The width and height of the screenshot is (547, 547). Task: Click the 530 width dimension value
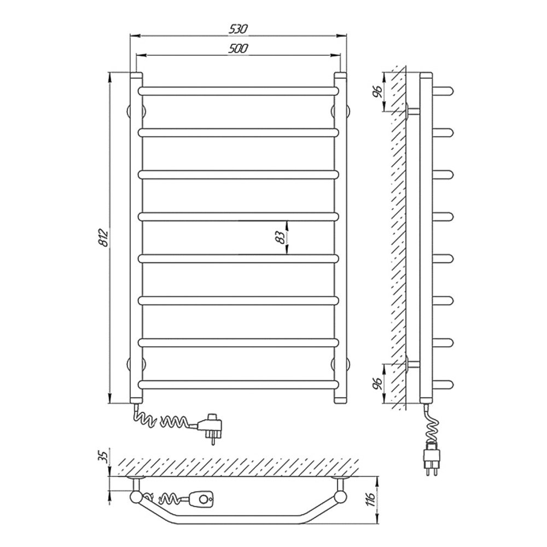(238, 30)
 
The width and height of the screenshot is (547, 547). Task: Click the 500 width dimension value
(238, 49)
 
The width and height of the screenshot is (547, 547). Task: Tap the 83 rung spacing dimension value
(280, 237)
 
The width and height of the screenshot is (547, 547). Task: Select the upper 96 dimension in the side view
(378, 91)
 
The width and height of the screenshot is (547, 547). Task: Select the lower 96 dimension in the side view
(378, 384)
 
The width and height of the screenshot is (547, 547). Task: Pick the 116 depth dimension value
(370, 499)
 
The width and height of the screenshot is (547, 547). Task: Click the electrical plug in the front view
(211, 427)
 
